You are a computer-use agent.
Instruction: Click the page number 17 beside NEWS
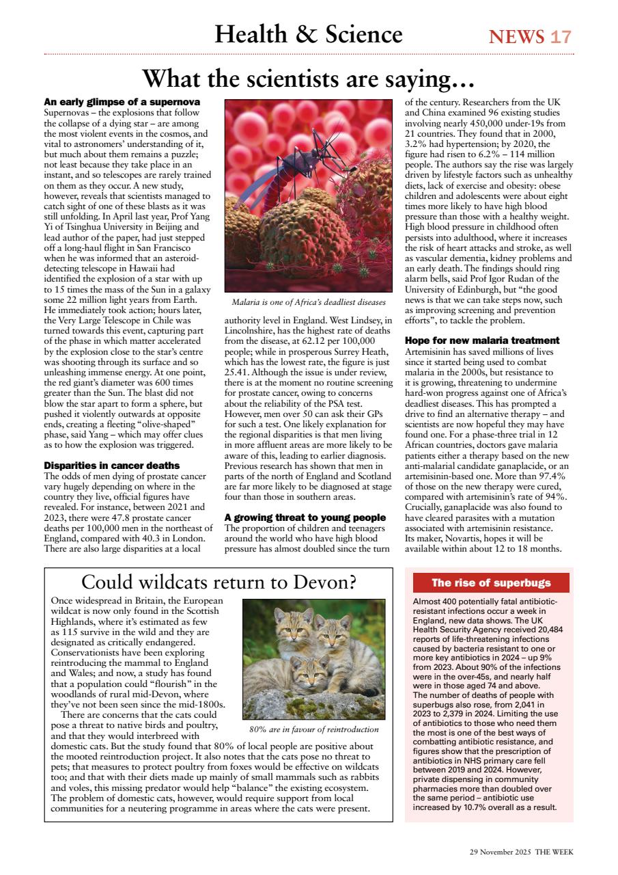[561, 36]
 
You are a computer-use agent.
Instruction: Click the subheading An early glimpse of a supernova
[122, 102]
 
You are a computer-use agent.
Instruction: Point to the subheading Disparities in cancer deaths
[111, 466]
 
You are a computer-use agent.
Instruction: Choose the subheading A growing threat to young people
[305, 517]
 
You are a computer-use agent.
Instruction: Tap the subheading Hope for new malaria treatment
[482, 340]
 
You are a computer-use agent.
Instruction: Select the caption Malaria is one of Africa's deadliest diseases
[309, 302]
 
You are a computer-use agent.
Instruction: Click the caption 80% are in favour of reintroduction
[313, 729]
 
